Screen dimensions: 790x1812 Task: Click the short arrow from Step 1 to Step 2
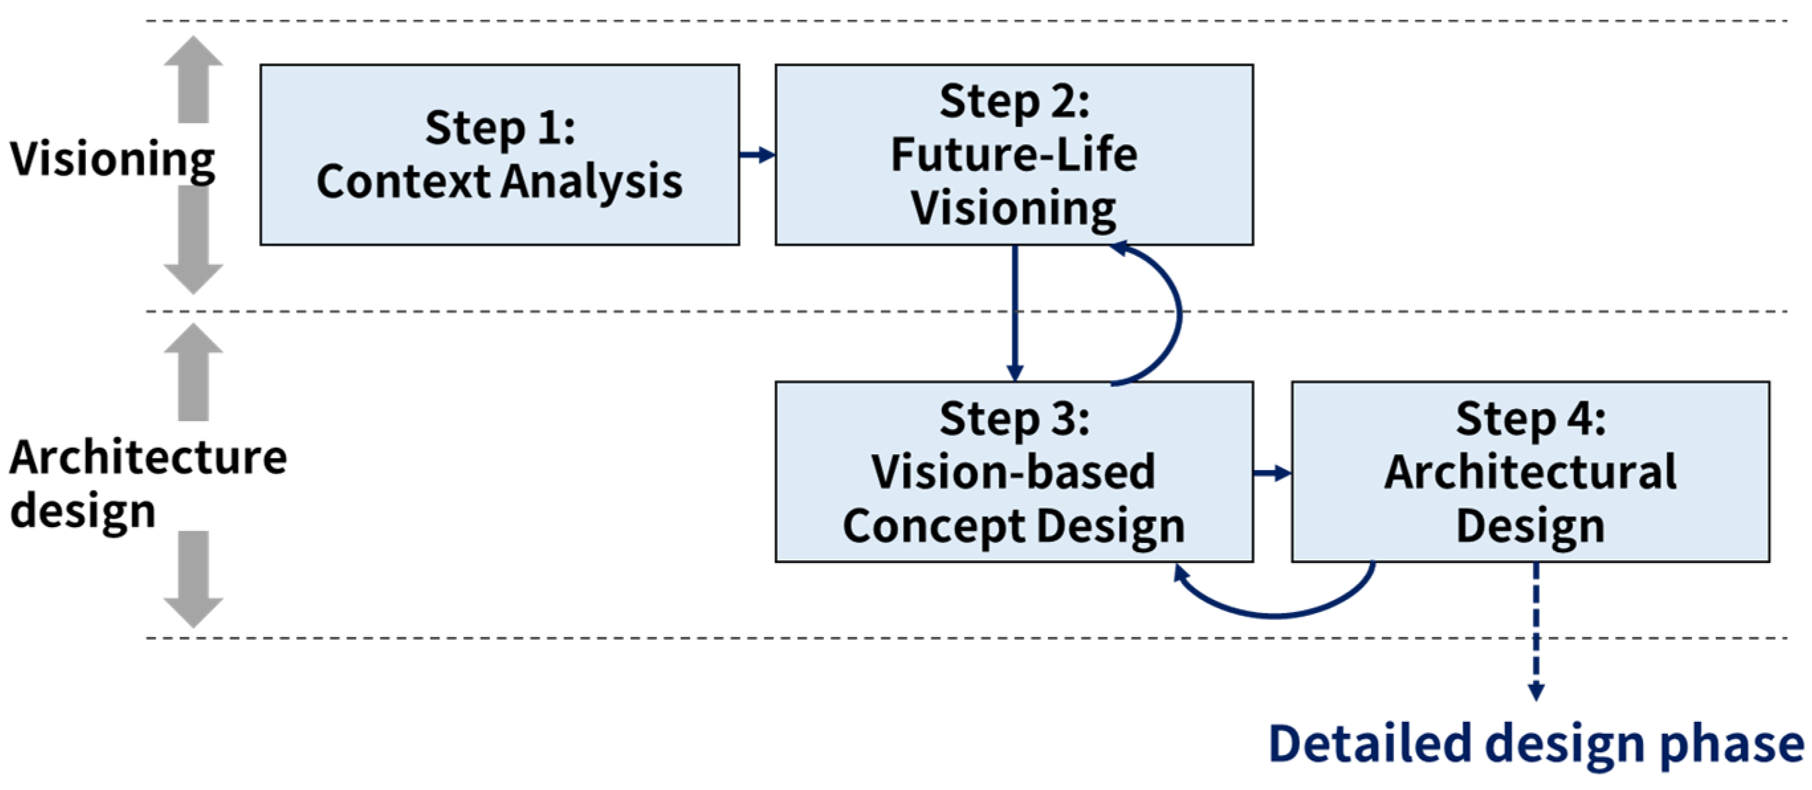point(757,155)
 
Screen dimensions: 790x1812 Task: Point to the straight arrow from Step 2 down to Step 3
point(1014,313)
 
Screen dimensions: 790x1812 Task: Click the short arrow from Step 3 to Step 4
point(1272,473)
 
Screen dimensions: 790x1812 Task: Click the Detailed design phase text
point(1536,744)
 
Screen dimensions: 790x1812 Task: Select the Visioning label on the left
point(113,159)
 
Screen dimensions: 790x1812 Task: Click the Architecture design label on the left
point(148,483)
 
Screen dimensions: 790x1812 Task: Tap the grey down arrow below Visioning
point(193,239)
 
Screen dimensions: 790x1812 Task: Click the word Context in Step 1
point(403,181)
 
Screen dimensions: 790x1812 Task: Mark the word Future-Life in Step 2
point(1014,155)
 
